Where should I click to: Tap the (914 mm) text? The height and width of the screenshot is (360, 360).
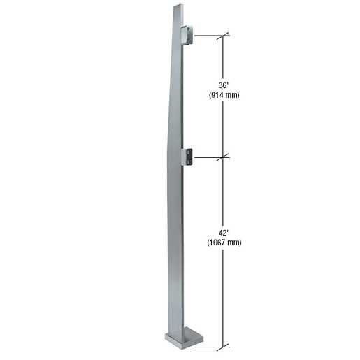click(x=224, y=95)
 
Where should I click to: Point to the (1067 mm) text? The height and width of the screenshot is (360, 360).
click(x=224, y=243)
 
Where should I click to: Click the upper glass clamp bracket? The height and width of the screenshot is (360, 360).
click(x=187, y=34)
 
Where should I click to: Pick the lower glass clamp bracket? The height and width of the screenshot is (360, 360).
click(x=187, y=157)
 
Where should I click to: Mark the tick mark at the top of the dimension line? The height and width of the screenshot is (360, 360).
click(x=224, y=35)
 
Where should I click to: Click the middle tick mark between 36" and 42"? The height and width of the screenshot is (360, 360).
click(x=224, y=158)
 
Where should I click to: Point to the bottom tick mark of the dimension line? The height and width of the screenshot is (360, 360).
click(x=224, y=345)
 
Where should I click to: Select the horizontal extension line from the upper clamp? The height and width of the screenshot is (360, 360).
click(x=208, y=35)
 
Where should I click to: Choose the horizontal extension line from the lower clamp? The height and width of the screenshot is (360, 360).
click(x=208, y=158)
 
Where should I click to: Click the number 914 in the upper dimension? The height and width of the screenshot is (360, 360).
click(x=219, y=95)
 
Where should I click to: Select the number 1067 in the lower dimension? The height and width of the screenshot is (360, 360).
click(x=219, y=243)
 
